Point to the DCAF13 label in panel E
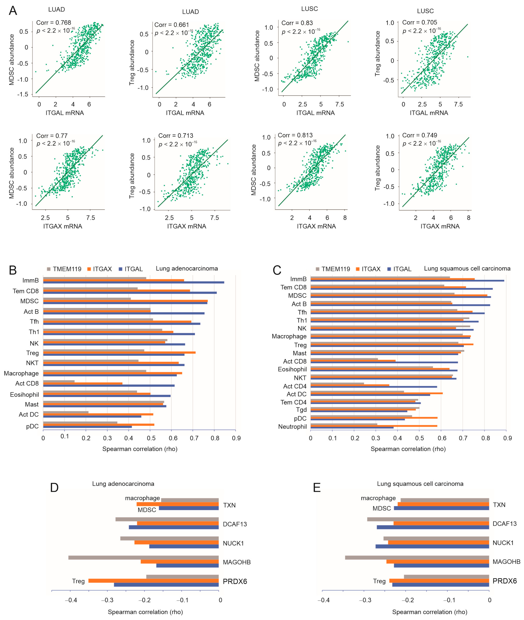(x=504, y=524)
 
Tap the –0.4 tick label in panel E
(x=323, y=600)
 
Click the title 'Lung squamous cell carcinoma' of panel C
(x=467, y=269)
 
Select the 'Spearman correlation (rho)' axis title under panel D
(x=145, y=612)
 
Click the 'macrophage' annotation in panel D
(x=142, y=498)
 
